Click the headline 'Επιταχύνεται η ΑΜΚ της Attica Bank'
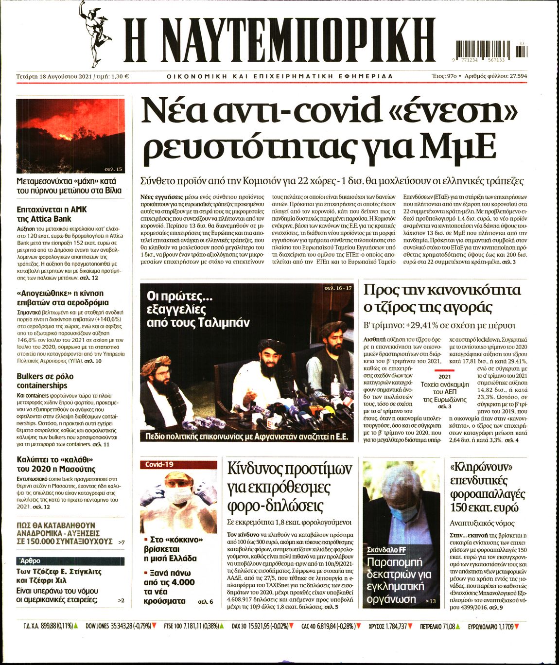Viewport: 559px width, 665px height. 52,214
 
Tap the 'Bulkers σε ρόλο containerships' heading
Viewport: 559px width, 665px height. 45,381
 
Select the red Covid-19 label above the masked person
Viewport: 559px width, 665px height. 159,464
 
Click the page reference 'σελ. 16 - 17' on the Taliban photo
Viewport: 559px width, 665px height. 338,288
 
